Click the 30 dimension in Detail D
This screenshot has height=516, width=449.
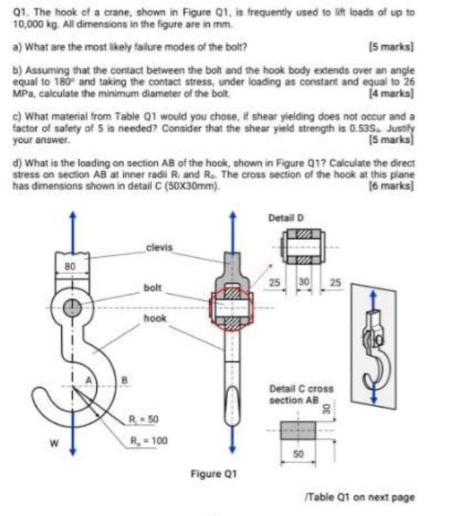tap(301, 282)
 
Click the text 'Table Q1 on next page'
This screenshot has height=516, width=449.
tap(378, 496)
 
